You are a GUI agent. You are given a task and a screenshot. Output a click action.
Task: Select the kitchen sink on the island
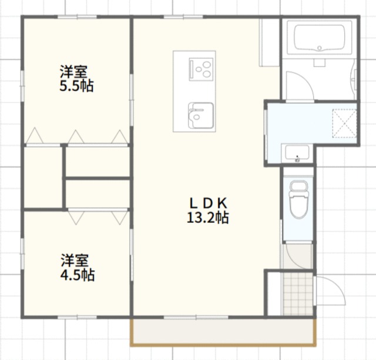200,115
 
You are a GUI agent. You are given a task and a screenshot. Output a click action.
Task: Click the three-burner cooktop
201,69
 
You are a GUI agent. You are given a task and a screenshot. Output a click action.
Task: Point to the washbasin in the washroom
297,154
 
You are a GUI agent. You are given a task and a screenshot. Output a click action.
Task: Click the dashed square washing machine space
345,124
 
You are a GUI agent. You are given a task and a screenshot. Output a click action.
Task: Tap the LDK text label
208,204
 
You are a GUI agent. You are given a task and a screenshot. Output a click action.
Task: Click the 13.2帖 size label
207,218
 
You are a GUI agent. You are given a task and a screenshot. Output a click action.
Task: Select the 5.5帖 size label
76,86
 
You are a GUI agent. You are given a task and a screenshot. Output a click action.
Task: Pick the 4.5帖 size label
78,275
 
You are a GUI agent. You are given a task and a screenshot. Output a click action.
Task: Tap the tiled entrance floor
298,294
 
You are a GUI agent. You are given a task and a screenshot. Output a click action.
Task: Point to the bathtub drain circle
320,48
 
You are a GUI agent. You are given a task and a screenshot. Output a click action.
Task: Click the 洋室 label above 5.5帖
73,72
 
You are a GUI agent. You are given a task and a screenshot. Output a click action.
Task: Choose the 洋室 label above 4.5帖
75,261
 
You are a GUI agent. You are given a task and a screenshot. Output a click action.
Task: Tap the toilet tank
299,186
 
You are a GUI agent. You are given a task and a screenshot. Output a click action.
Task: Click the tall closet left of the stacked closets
43,178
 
